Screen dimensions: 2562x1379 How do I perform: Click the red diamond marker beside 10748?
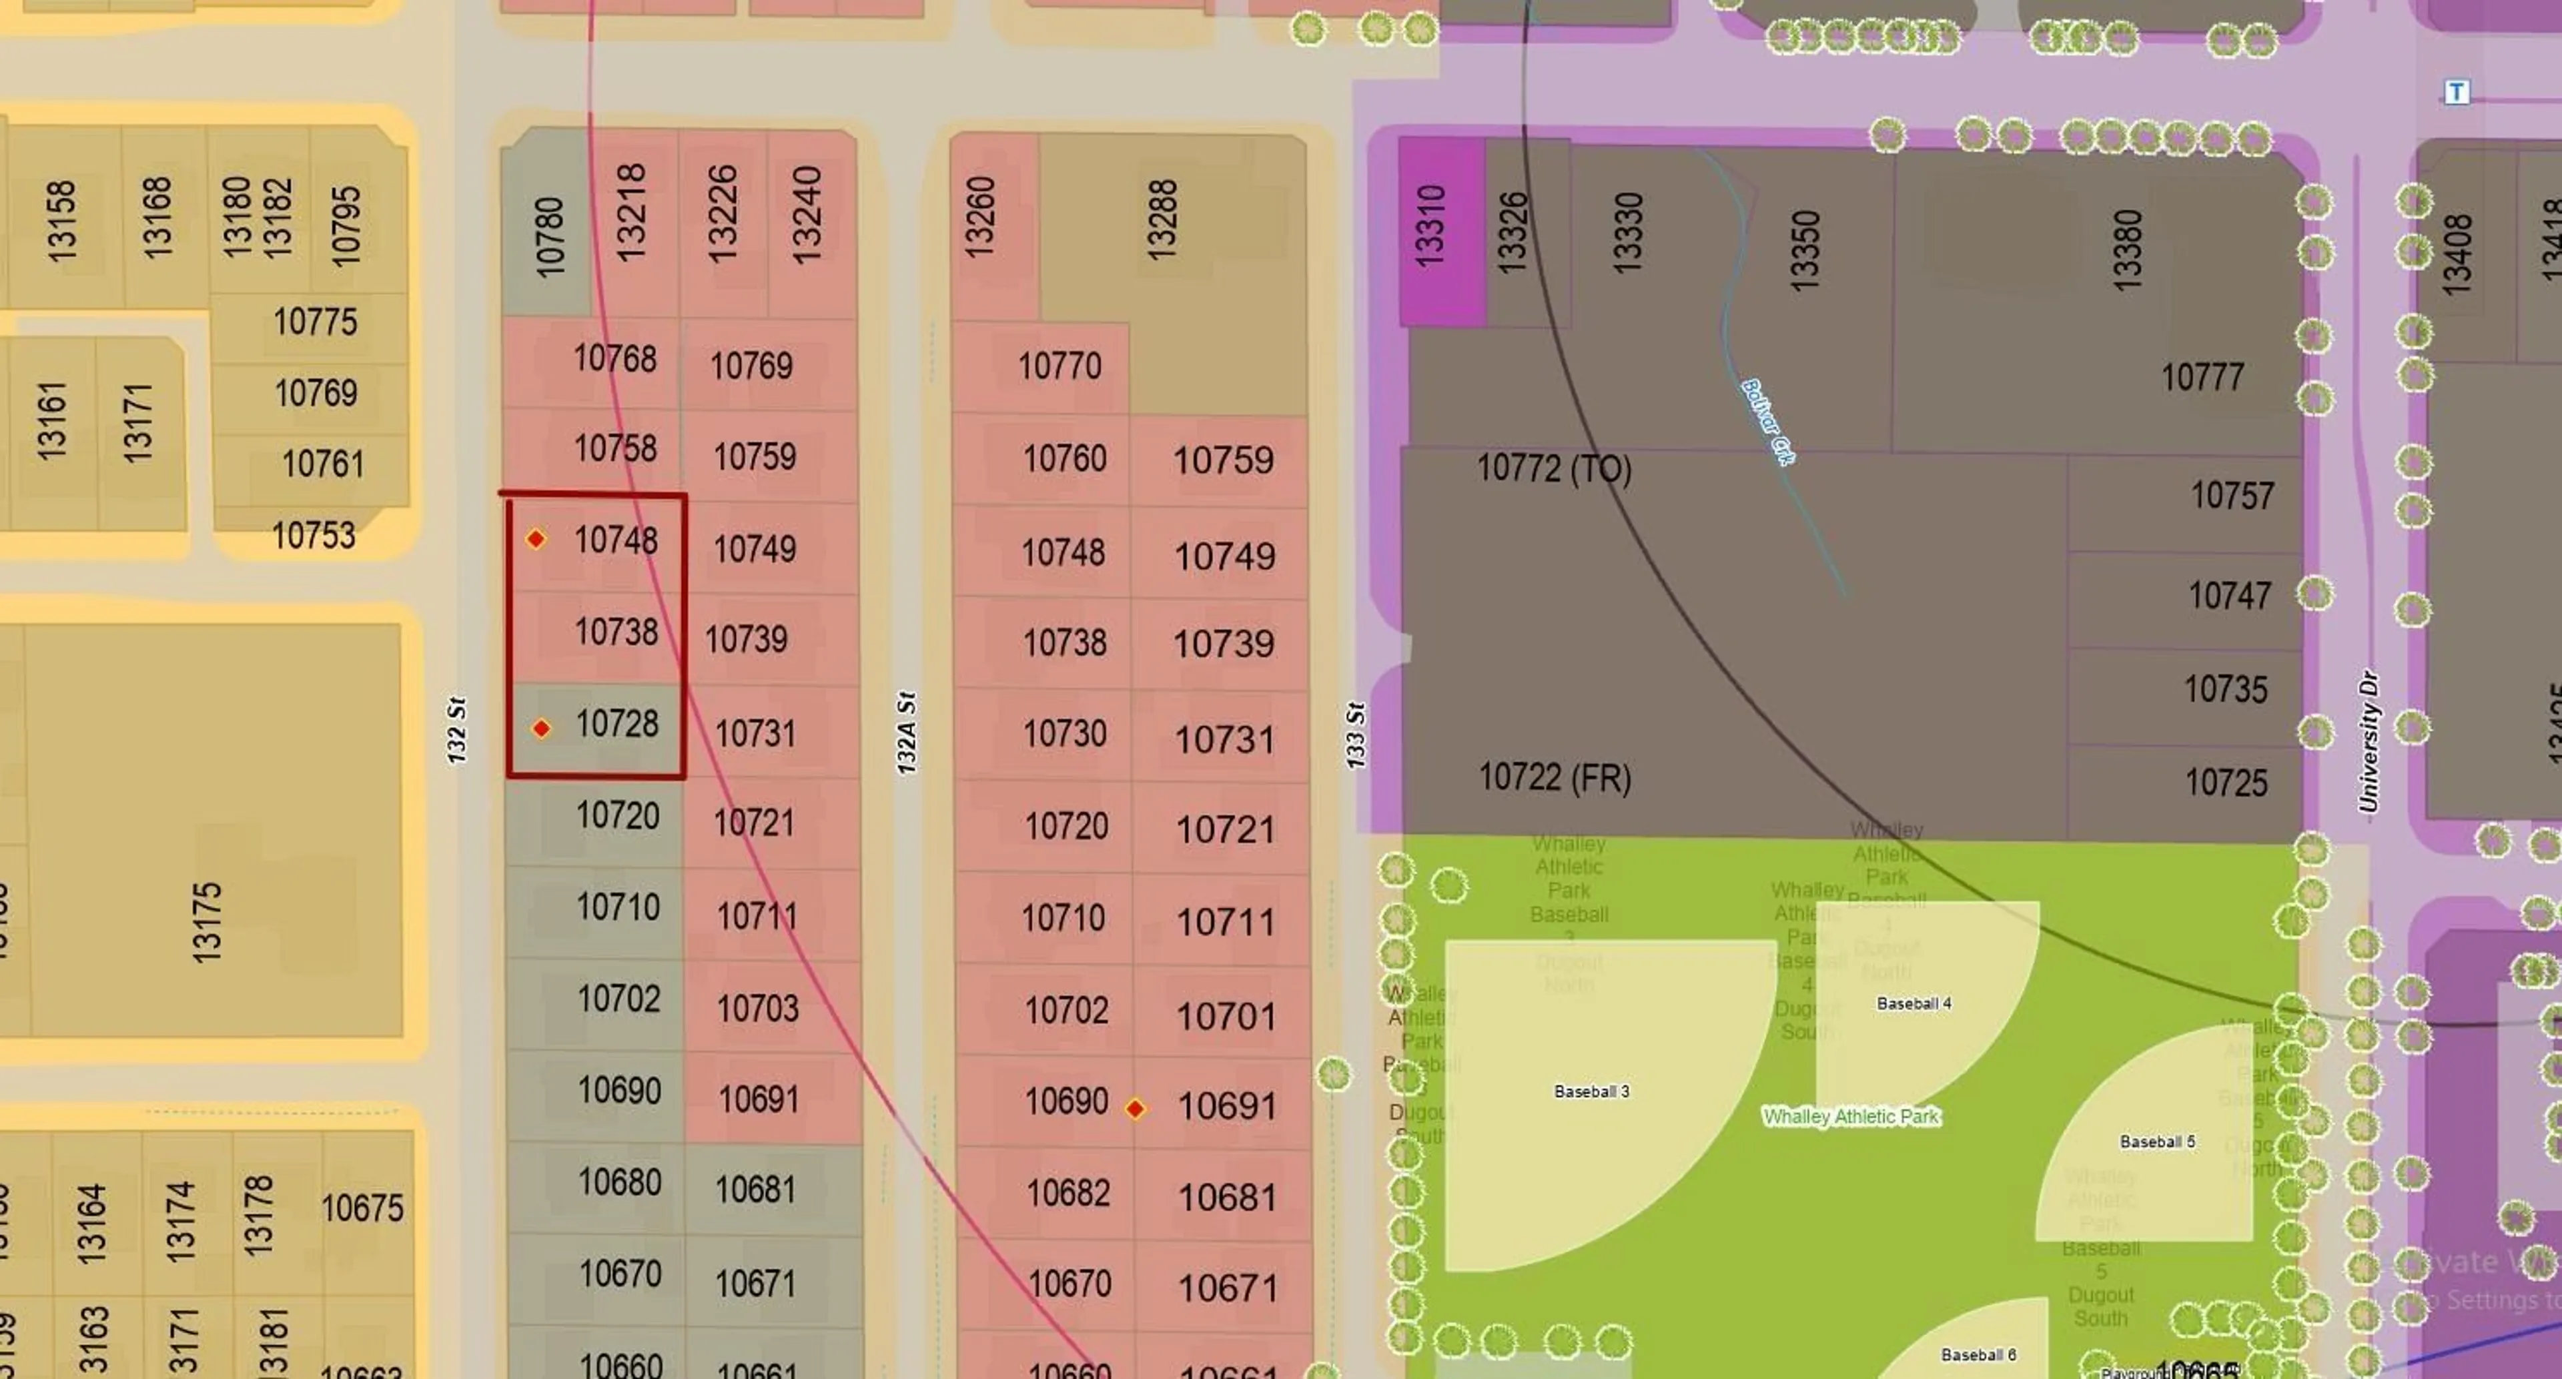click(536, 539)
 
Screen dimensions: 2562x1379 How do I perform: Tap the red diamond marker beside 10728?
click(541, 729)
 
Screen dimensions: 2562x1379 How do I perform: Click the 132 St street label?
click(456, 730)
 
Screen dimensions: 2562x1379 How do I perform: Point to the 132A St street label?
click(906, 732)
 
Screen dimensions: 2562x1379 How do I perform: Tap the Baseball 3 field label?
click(1591, 1091)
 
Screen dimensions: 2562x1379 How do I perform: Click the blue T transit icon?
click(2455, 93)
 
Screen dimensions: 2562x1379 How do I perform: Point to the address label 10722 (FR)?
click(1553, 777)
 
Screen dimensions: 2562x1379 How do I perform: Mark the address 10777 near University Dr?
click(2202, 377)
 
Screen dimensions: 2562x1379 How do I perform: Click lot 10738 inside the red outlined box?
click(616, 631)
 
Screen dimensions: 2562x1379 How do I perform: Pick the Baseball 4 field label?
click(1913, 1003)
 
